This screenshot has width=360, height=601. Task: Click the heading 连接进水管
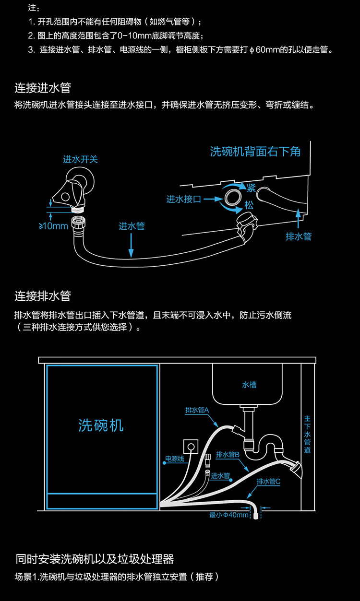click(x=43, y=88)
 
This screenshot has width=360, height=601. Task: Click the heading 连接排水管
click(x=43, y=296)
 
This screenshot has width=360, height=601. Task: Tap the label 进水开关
click(x=80, y=159)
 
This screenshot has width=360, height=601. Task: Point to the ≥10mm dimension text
click(x=53, y=226)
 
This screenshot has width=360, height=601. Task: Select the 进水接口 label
click(x=184, y=200)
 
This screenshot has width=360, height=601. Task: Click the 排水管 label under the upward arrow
click(x=299, y=236)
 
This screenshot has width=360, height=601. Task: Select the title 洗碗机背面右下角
click(x=255, y=152)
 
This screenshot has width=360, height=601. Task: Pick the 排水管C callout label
click(x=268, y=481)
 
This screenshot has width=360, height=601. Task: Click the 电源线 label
click(x=175, y=459)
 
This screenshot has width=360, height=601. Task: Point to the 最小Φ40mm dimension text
click(x=229, y=515)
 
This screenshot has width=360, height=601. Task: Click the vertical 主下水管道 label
click(x=308, y=435)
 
